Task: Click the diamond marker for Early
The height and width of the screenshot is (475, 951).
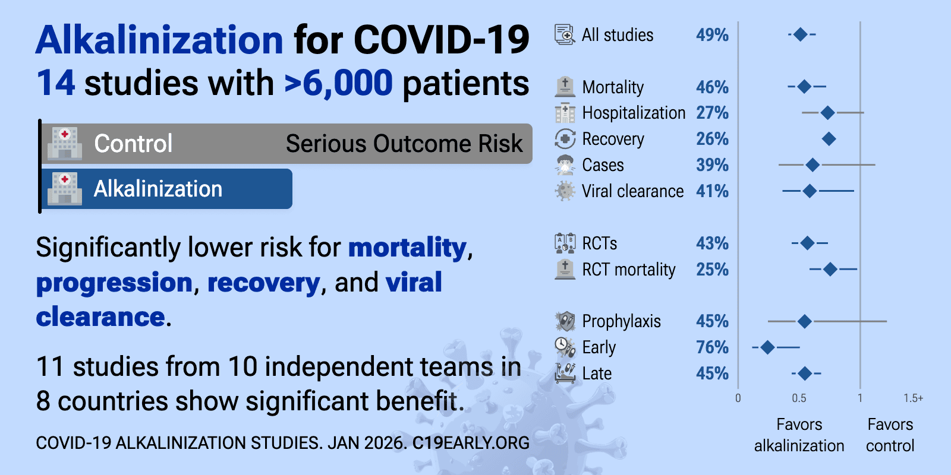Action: pyautogui.click(x=767, y=347)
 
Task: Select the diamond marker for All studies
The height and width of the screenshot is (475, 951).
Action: pyautogui.click(x=800, y=34)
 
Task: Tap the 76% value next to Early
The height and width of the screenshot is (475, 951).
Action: pyautogui.click(x=712, y=347)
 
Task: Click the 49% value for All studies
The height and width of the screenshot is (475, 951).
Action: pyautogui.click(x=712, y=35)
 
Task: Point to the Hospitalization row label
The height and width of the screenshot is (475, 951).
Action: pyautogui.click(x=634, y=113)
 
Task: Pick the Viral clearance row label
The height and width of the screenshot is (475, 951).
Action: pyautogui.click(x=632, y=191)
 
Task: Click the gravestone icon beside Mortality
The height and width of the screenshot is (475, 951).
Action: pyautogui.click(x=565, y=87)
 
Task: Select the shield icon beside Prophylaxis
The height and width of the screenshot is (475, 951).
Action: pyautogui.click(x=565, y=321)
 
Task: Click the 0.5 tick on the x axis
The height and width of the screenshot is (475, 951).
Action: pyautogui.click(x=799, y=398)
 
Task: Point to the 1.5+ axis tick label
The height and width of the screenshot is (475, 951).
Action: pyautogui.click(x=913, y=398)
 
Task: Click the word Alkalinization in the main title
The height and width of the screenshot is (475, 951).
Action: pyautogui.click(x=159, y=40)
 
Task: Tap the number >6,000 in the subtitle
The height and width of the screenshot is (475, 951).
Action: pyautogui.click(x=338, y=83)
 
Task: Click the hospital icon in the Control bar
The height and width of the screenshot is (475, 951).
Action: pyautogui.click(x=65, y=143)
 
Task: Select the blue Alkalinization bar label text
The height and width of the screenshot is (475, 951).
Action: pyautogui.click(x=158, y=189)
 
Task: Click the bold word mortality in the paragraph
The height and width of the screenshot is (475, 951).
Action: pyautogui.click(x=408, y=248)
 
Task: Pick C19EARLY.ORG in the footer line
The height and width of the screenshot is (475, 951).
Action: pyautogui.click(x=471, y=443)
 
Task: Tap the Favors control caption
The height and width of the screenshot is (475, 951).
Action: pyautogui.click(x=890, y=435)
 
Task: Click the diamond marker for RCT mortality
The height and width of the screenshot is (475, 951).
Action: pyautogui.click(x=830, y=270)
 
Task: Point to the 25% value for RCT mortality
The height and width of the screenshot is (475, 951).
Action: pyautogui.click(x=712, y=270)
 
